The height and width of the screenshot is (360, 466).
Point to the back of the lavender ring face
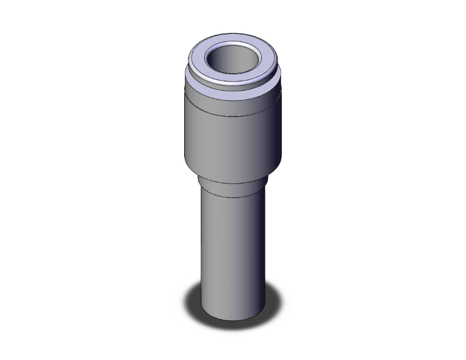tap(233, 39)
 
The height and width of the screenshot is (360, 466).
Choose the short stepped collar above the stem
tap(232, 185)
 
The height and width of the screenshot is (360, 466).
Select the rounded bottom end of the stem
tap(232, 316)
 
